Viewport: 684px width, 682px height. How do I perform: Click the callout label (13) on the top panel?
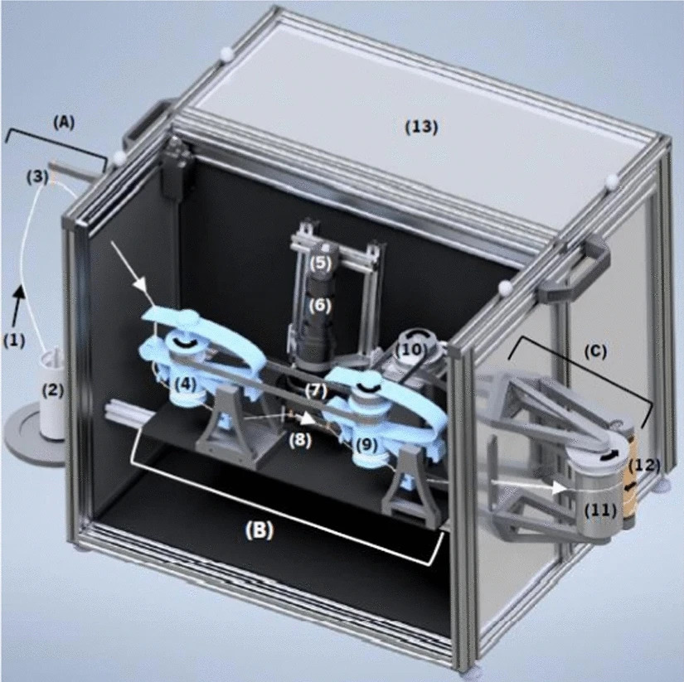click(421, 127)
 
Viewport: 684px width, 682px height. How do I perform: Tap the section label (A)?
click(64, 123)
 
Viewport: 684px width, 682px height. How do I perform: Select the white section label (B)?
click(260, 530)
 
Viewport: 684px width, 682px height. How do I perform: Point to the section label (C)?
click(595, 351)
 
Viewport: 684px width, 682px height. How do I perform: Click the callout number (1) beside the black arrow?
click(14, 340)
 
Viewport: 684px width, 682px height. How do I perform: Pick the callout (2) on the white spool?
click(52, 390)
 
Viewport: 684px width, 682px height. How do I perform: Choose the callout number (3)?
click(36, 177)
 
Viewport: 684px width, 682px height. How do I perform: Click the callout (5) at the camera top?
click(321, 264)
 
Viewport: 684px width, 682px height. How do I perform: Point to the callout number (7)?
click(316, 391)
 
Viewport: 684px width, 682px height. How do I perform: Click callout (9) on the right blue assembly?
click(366, 444)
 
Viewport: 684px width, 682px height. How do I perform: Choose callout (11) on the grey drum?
click(601, 510)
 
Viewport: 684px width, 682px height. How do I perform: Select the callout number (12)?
click(644, 465)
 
